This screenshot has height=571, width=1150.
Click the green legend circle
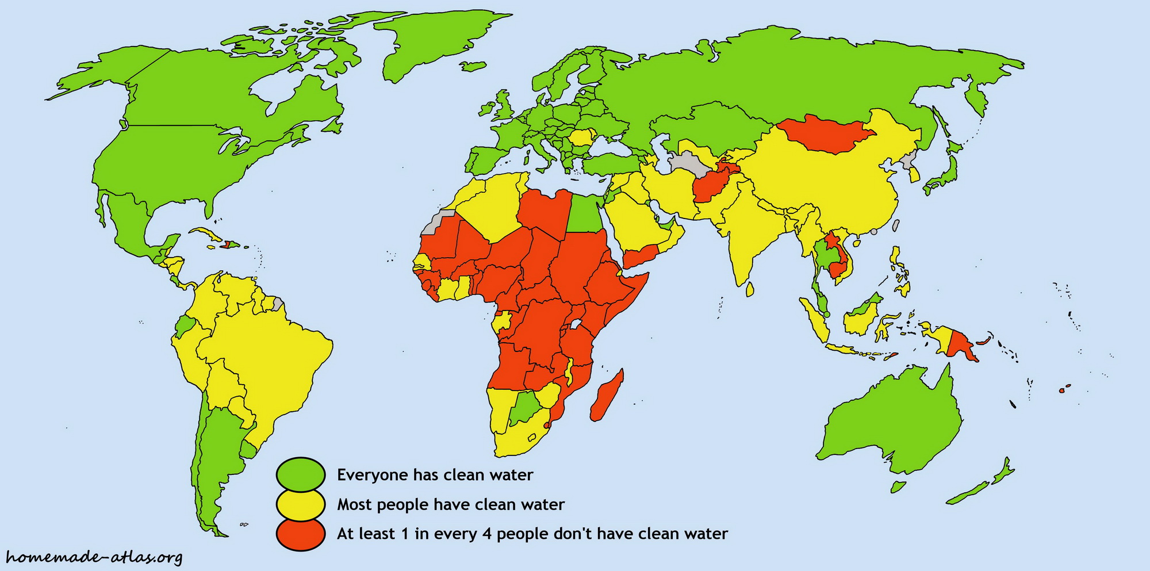(301, 474)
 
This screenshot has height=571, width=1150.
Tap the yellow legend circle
(301, 504)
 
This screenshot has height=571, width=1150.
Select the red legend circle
(301, 534)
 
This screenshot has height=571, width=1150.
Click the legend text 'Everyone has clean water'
(435, 475)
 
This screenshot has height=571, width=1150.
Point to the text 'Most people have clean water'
(450, 505)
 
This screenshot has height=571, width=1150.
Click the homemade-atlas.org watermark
(94, 557)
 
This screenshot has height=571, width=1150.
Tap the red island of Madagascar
(607, 397)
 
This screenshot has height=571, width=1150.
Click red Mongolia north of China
(825, 133)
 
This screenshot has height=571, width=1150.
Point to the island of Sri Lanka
(749, 289)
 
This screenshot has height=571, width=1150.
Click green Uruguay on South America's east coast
(248, 449)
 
